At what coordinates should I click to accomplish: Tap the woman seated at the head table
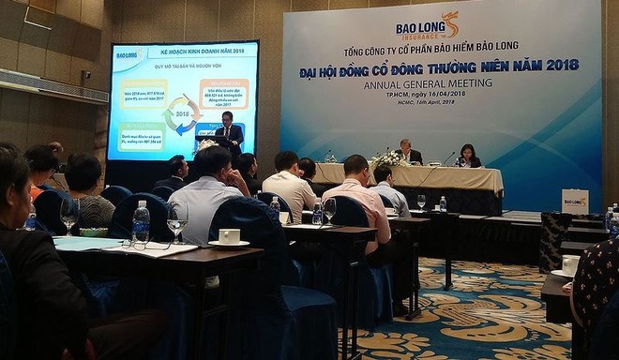click(x=467, y=157)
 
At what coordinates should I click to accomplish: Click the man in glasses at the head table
click(x=408, y=152)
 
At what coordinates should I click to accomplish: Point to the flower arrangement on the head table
click(x=387, y=158)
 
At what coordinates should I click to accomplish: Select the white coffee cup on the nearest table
click(x=229, y=236)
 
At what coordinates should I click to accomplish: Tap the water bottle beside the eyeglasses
click(x=141, y=222)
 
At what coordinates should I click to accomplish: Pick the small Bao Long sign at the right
click(x=575, y=201)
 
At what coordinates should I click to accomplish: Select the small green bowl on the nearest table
click(x=92, y=232)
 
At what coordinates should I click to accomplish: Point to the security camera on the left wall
click(x=85, y=74)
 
